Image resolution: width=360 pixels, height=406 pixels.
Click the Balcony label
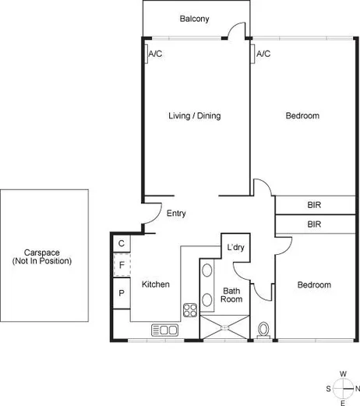click(x=195, y=19)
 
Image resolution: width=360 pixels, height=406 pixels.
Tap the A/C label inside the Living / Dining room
click(x=155, y=54)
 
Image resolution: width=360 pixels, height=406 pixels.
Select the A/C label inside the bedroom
click(x=263, y=54)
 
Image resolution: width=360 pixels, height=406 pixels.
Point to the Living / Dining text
click(x=195, y=116)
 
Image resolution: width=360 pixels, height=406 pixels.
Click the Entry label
click(x=176, y=214)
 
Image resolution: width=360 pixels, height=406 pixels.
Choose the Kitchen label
click(x=155, y=285)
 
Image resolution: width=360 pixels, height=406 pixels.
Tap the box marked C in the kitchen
click(x=122, y=244)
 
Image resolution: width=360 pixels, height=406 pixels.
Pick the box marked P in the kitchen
click(x=122, y=293)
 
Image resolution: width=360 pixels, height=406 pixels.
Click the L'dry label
click(x=235, y=248)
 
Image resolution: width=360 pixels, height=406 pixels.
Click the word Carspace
click(x=41, y=252)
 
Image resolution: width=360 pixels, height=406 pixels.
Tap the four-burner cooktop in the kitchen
click(x=191, y=310)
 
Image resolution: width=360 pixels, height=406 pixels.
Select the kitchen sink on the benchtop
click(x=165, y=330)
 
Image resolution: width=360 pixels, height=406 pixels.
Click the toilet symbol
click(x=263, y=330)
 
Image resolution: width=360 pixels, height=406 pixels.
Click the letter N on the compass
click(x=358, y=388)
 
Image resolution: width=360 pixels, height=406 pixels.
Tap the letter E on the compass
click(x=343, y=402)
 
